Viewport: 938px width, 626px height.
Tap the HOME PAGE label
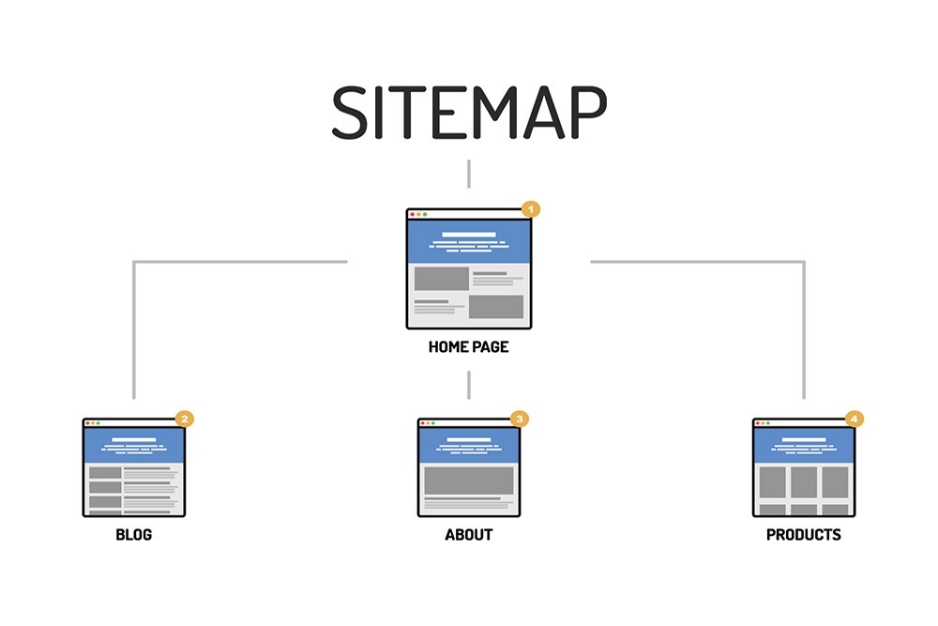(x=468, y=347)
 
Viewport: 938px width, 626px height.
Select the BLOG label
(x=133, y=535)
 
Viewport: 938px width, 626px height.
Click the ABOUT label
(x=468, y=535)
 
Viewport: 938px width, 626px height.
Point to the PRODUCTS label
(x=803, y=535)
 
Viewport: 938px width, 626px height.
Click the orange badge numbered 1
(x=531, y=208)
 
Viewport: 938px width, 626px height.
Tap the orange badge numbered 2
(x=185, y=419)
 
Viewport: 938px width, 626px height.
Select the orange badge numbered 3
(x=520, y=419)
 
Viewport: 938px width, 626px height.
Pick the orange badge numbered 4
(x=855, y=419)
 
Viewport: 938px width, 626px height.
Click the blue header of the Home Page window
(x=469, y=242)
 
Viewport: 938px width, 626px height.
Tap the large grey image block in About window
(x=469, y=480)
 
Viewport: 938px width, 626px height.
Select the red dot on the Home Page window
(x=412, y=215)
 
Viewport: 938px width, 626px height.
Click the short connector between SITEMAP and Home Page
(x=469, y=174)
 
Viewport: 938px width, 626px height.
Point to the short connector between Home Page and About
(x=469, y=385)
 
